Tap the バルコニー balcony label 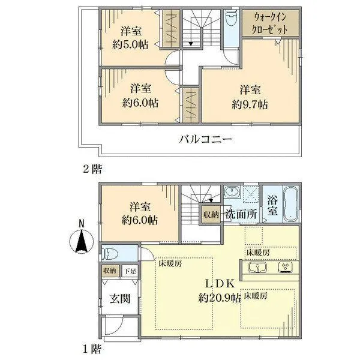pos(205,140)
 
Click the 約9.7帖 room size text pos(251,103)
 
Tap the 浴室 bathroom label pos(272,207)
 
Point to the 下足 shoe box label pos(130,272)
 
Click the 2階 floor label pos(91,169)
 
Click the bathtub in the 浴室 pos(290,203)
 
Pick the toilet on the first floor pos(112,253)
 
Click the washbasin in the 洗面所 pos(233,193)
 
